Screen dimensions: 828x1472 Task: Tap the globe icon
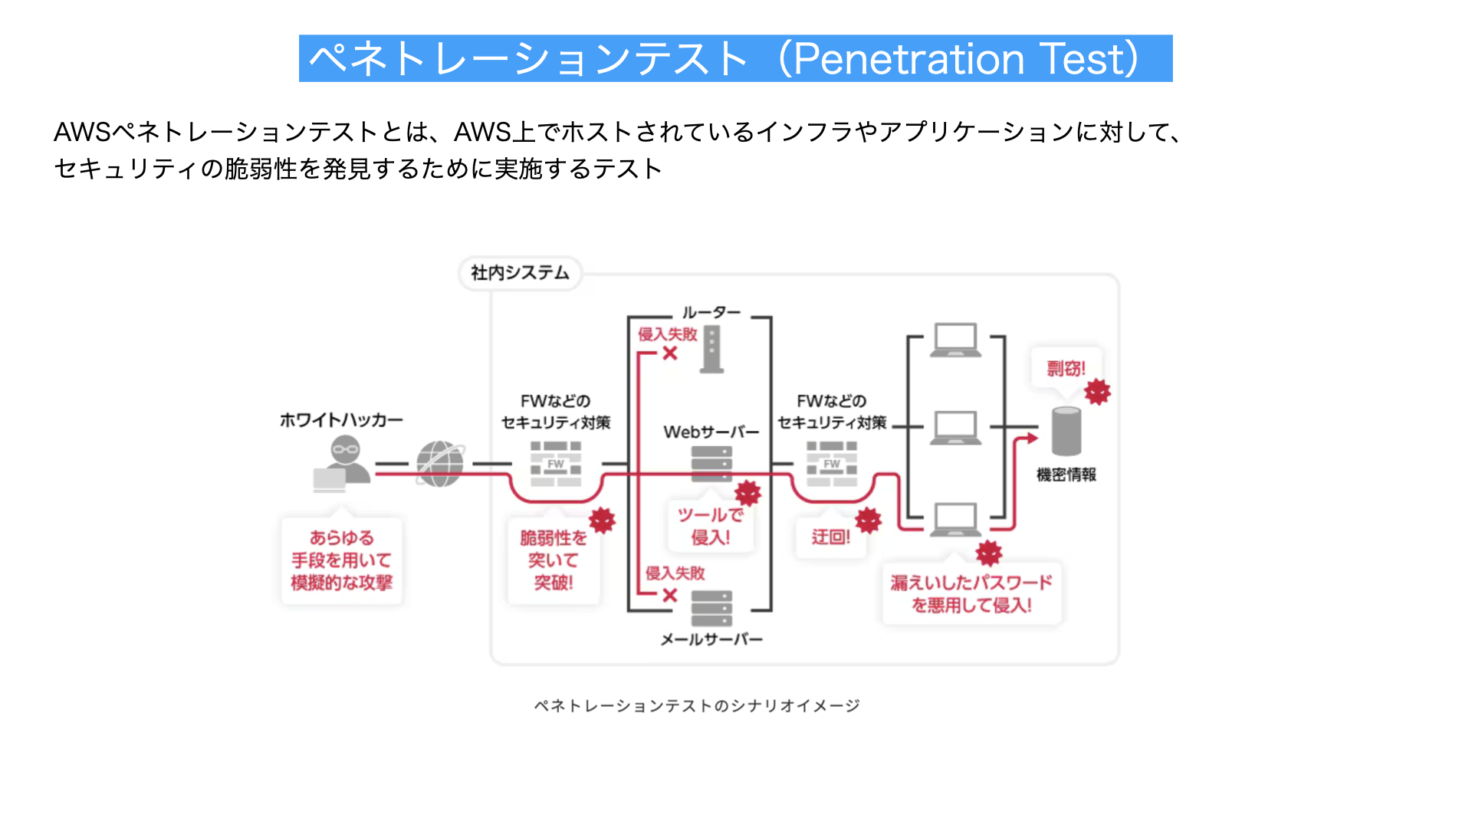[440, 464]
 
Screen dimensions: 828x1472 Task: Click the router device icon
[712, 350]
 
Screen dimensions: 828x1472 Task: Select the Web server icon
[711, 464]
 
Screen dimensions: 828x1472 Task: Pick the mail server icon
[711, 609]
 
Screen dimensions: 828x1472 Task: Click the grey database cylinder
[1066, 431]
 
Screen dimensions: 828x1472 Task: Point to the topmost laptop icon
[955, 340]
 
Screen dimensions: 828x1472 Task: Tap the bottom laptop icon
[955, 520]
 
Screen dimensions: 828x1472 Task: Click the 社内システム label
[520, 273]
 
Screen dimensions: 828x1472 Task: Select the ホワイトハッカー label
[341, 420]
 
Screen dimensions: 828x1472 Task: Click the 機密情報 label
[1066, 475]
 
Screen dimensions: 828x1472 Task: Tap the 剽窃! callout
[1066, 369]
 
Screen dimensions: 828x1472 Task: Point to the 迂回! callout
[831, 537]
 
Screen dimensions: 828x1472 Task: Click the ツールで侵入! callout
[711, 526]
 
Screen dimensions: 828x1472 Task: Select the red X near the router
[670, 353]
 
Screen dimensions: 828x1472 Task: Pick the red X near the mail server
[670, 595]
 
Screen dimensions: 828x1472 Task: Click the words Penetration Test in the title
[965, 59]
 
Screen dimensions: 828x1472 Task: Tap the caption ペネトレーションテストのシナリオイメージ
[697, 705]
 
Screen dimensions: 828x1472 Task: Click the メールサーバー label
[711, 639]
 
